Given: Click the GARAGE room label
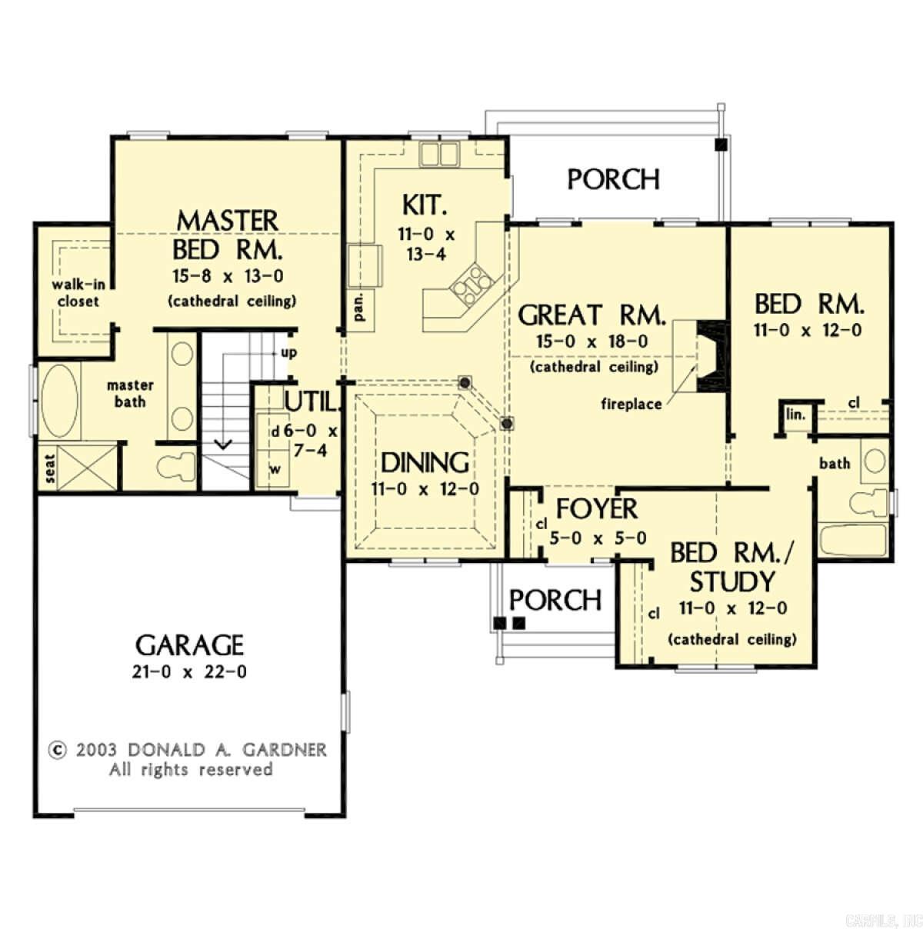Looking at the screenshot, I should pos(189,644).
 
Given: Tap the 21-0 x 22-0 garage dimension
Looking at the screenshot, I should pos(189,671).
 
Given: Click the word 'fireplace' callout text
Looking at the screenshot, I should pos(631,404).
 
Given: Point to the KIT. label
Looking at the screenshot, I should pos(424,205).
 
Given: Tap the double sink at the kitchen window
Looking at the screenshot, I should pos(438,154).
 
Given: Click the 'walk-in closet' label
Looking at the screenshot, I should pos(78,293).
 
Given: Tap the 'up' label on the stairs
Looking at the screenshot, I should pos(289,353).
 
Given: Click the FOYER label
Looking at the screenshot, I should pos(596,509).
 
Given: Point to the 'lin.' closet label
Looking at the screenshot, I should pos(795,415).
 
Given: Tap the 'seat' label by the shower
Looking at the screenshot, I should pos(50,468).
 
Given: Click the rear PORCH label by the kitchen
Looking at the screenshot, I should pos(613,178).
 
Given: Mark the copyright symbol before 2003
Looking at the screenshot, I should pos(56,750).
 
